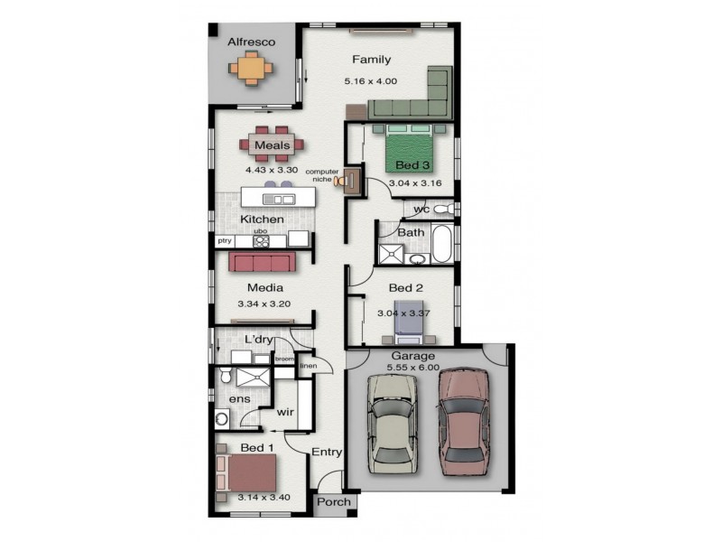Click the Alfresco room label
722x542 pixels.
pyautogui.click(x=252, y=42)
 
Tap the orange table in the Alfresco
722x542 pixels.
pyautogui.click(x=251, y=69)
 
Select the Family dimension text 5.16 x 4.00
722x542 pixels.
pyautogui.click(x=371, y=81)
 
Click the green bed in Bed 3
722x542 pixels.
pyautogui.click(x=410, y=147)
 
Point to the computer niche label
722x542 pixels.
pyautogui.click(x=322, y=175)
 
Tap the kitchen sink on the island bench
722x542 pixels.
pyautogui.click(x=278, y=199)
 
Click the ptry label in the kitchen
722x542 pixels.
pyautogui.click(x=225, y=240)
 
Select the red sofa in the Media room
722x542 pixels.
pyautogui.click(x=263, y=261)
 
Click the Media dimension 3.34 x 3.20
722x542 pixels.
pyautogui.click(x=264, y=304)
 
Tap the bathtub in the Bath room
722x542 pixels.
pyautogui.click(x=442, y=243)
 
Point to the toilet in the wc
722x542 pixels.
pyautogui.click(x=443, y=209)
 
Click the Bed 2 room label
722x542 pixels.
pyautogui.click(x=405, y=288)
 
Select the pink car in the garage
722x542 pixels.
pyautogui.click(x=463, y=421)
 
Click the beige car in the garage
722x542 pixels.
pyautogui.click(x=393, y=424)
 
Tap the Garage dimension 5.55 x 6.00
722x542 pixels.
pyautogui.click(x=413, y=368)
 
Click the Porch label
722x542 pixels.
pyautogui.click(x=334, y=502)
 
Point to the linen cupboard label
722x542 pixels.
pyautogui.click(x=309, y=366)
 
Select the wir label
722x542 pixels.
pyautogui.click(x=285, y=412)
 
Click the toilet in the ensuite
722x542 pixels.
pyautogui.click(x=225, y=375)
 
